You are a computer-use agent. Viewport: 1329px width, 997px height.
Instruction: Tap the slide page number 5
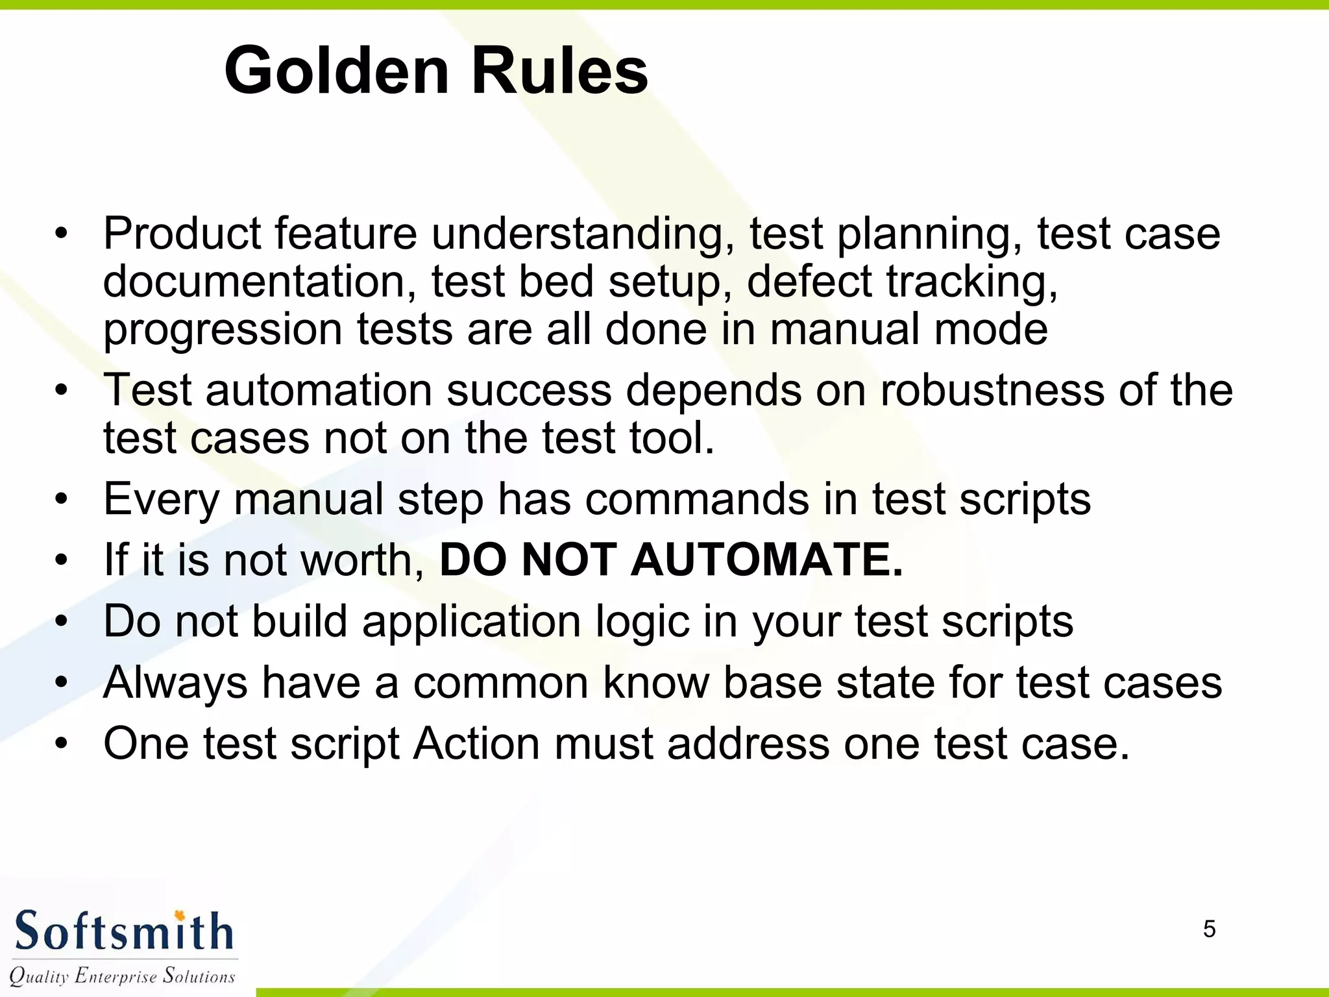click(x=1209, y=929)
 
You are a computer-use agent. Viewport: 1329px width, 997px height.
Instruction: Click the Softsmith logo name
click(x=123, y=931)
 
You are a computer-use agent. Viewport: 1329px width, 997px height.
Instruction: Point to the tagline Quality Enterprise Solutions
click(x=122, y=976)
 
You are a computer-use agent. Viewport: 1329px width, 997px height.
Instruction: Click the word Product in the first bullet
click(x=181, y=234)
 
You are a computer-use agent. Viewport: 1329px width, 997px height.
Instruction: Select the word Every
click(x=162, y=499)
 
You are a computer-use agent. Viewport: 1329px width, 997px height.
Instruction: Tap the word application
click(x=471, y=621)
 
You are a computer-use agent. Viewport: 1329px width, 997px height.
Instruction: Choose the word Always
click(x=175, y=683)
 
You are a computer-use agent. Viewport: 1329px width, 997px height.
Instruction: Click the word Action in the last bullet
click(x=476, y=743)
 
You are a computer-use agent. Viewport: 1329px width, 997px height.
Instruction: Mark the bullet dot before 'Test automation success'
click(x=61, y=391)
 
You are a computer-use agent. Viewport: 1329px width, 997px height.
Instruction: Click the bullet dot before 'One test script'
click(x=61, y=744)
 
